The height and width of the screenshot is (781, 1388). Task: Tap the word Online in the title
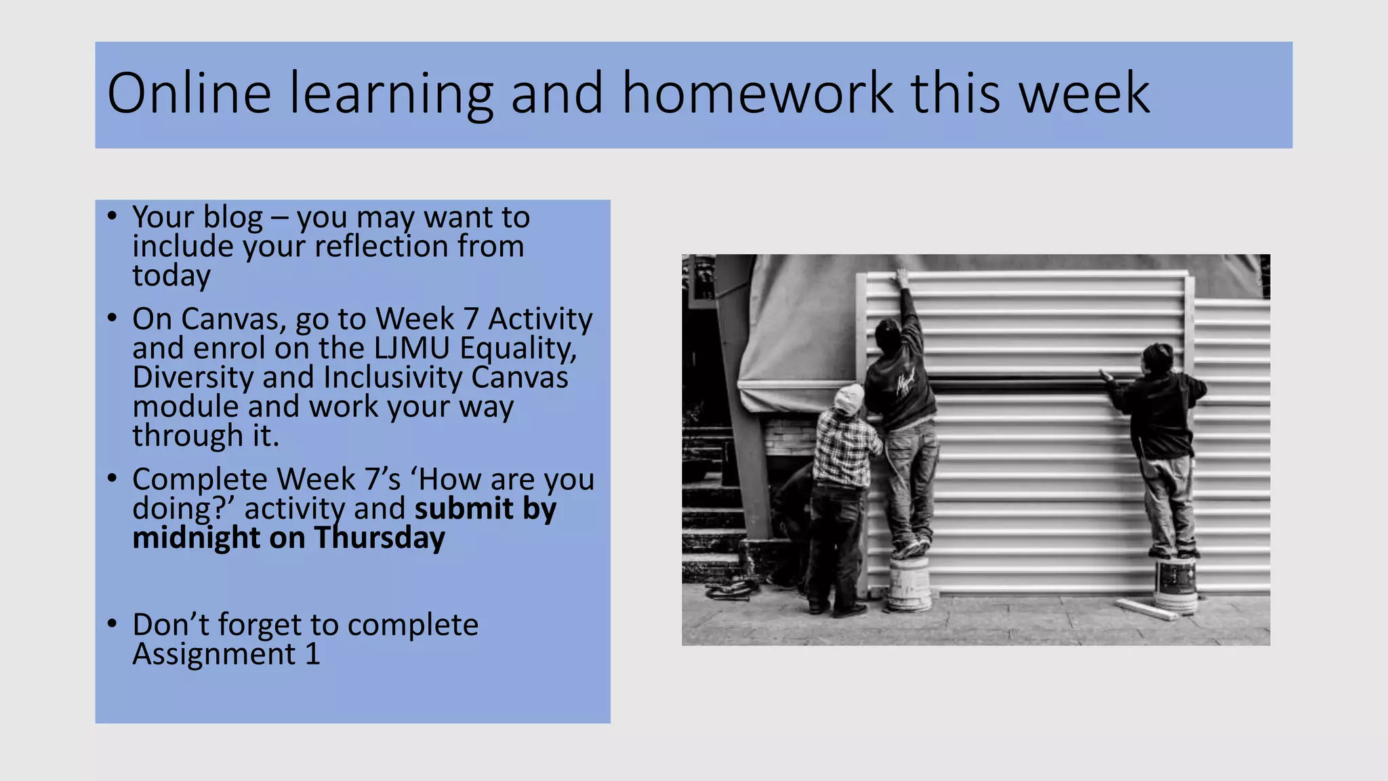click(x=189, y=94)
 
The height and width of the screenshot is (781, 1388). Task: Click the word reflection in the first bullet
click(x=382, y=246)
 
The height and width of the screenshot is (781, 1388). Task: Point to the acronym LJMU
click(x=411, y=348)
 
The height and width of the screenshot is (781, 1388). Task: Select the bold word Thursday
click(x=380, y=538)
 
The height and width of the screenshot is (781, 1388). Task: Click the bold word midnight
click(x=196, y=538)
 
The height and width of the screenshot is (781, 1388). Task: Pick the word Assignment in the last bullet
click(x=214, y=654)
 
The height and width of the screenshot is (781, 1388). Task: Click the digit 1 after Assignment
click(x=312, y=654)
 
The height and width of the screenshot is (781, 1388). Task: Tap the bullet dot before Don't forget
click(x=113, y=623)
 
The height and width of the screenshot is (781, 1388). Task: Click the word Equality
click(x=518, y=348)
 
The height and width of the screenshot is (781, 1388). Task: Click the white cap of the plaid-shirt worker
click(x=848, y=399)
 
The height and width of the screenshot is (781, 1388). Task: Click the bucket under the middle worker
click(x=910, y=583)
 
